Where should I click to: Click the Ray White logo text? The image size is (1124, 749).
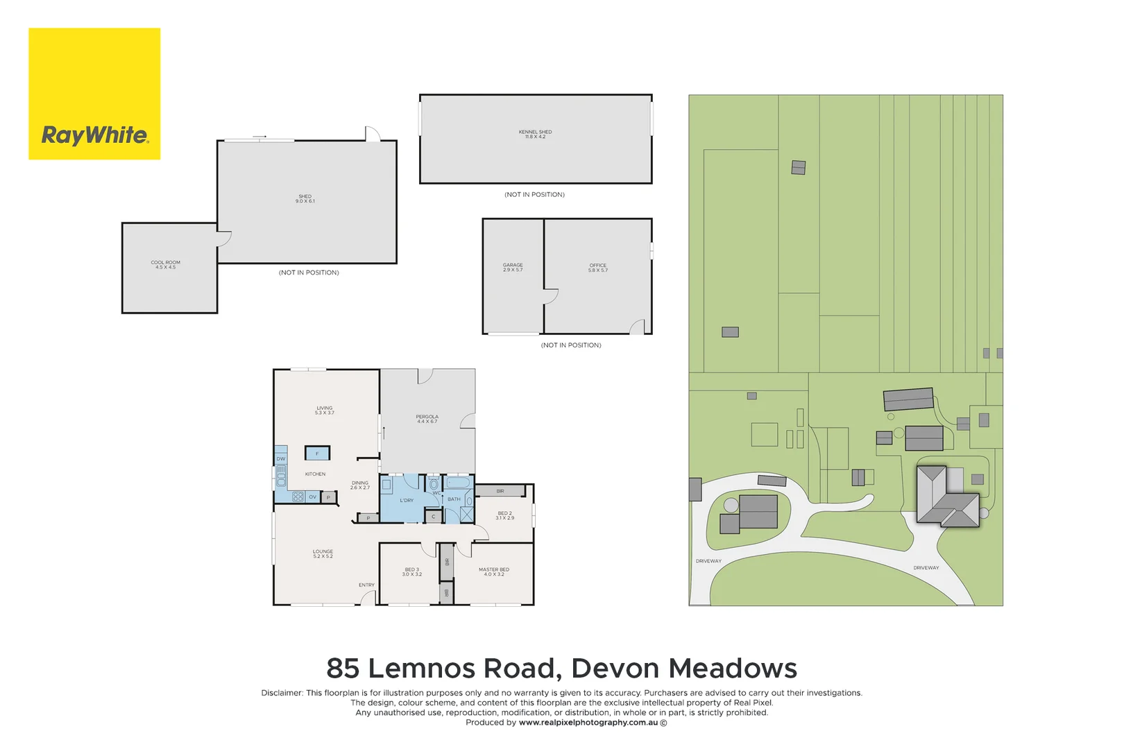94,135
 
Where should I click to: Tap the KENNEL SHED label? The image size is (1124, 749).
535,134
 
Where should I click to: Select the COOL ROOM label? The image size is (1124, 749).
165,264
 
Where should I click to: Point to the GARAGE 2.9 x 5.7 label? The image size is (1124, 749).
513,267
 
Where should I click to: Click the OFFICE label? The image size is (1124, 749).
597,267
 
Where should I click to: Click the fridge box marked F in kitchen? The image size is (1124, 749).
317,454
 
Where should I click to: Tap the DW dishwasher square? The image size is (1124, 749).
281,458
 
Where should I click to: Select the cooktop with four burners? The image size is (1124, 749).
298,497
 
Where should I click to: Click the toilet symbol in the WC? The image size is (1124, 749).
434,484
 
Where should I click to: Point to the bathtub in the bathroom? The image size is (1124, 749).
457,482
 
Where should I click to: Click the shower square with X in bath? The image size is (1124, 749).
466,515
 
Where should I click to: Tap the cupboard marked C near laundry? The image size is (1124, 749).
434,516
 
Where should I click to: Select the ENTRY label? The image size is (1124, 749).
366,585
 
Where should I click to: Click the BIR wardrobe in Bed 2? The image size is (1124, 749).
500,491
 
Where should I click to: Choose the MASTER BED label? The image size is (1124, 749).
493,571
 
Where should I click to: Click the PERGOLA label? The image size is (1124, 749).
427,419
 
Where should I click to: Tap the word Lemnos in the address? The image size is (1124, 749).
425,669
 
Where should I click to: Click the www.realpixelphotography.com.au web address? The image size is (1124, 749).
588,723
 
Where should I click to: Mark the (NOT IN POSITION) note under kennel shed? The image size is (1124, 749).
534,195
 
